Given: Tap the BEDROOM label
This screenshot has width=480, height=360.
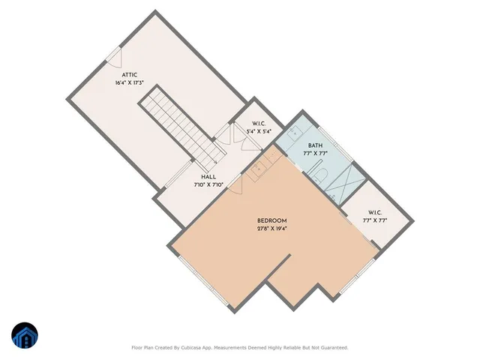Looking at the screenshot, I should [271, 220].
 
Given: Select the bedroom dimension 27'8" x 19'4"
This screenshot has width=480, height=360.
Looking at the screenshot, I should [271, 229].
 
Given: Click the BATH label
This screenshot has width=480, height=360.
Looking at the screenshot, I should [315, 145].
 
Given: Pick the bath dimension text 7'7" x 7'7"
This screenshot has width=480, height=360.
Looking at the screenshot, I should [315, 154].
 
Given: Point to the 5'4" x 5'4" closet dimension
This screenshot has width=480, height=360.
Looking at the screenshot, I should [258, 131].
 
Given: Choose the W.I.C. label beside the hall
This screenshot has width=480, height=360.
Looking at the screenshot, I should [259, 123].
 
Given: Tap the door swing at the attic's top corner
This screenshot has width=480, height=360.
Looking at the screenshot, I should [112, 55].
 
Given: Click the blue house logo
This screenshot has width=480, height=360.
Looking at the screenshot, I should [24, 336].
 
